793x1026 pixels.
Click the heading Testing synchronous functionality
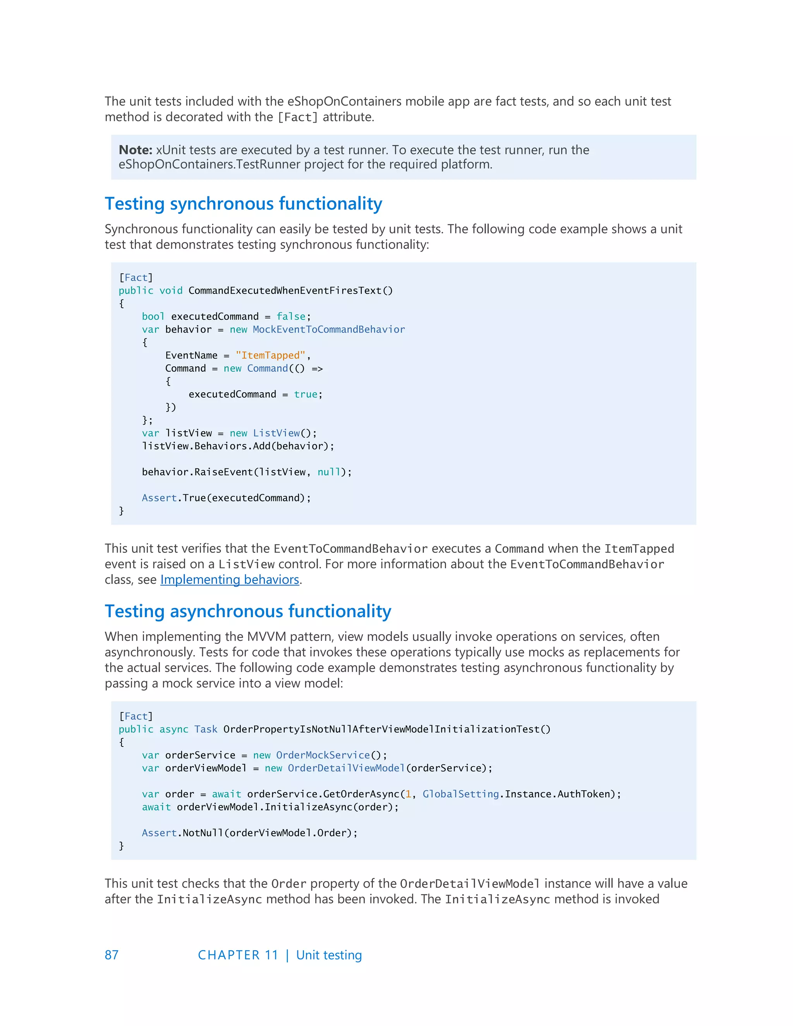pyautogui.click(x=243, y=204)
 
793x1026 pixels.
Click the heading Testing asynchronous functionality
pyautogui.click(x=247, y=611)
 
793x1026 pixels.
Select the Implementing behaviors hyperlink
pyautogui.click(x=230, y=580)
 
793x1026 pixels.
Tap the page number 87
pyautogui.click(x=112, y=955)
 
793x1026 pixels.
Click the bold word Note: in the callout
pyautogui.click(x=135, y=150)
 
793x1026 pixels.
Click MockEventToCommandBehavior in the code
pyautogui.click(x=328, y=329)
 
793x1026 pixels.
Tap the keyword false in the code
pyautogui.click(x=291, y=317)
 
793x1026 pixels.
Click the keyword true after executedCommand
pyautogui.click(x=306, y=395)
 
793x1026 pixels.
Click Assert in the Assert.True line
pyautogui.click(x=159, y=498)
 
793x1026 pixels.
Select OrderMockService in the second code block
pyautogui.click(x=323, y=755)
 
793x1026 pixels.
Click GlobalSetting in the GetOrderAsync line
pyautogui.click(x=460, y=794)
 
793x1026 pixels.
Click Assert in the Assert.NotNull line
pyautogui.click(x=159, y=833)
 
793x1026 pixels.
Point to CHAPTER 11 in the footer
pyautogui.click(x=238, y=955)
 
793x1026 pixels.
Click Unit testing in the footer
pyautogui.click(x=329, y=955)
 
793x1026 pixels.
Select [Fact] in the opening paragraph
pyautogui.click(x=297, y=117)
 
